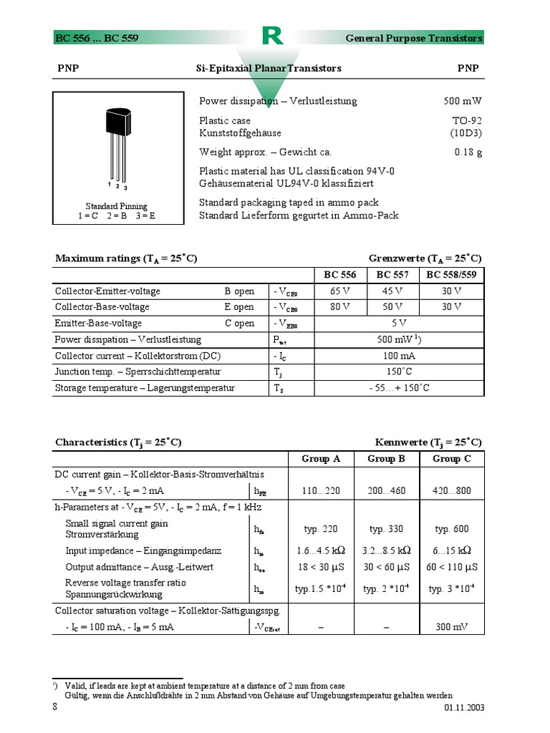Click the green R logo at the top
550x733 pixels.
point(272,37)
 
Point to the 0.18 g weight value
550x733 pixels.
point(468,152)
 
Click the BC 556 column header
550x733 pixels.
point(340,275)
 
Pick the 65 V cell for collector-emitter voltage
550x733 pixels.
point(340,291)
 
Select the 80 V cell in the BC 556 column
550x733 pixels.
point(340,307)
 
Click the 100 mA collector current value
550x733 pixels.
point(399,356)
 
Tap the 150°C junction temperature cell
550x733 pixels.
point(399,372)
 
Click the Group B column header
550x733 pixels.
point(386,459)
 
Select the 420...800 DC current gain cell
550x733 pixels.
point(452,490)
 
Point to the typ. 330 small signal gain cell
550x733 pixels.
point(386,529)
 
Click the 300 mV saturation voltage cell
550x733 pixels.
point(452,626)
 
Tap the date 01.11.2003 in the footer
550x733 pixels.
point(464,707)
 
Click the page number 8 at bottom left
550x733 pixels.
point(55,707)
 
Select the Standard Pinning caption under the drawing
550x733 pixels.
point(116,206)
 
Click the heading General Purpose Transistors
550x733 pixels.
point(414,38)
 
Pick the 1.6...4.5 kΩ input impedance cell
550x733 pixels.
point(321,550)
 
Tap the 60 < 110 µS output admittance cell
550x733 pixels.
point(452,567)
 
